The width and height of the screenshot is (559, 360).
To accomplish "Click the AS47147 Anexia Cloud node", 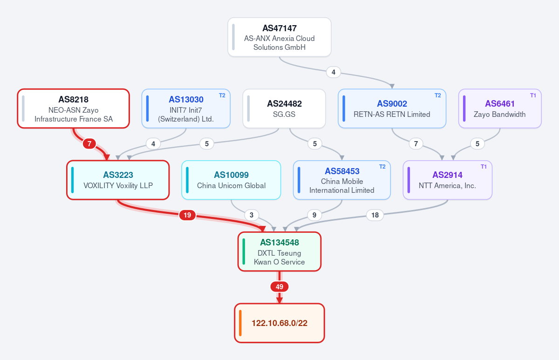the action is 279,37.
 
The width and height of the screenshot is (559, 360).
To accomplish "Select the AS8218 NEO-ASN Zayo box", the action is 74,109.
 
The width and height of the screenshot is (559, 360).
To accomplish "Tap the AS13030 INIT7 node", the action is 186,109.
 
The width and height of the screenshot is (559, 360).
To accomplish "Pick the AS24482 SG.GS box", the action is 284,109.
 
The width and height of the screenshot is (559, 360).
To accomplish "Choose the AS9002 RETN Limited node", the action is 392,109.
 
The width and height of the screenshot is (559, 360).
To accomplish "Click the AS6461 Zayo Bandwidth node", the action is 500,109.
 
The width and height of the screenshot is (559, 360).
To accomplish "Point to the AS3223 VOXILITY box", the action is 118,180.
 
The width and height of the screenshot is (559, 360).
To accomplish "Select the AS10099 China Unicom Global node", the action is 231,180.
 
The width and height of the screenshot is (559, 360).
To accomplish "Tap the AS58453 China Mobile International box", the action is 342,180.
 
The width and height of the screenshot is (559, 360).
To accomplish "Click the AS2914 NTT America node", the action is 448,180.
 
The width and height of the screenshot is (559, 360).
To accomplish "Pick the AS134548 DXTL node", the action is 279,251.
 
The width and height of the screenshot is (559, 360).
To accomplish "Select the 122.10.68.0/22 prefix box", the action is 279,323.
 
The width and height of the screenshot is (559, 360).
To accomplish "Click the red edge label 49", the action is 279,287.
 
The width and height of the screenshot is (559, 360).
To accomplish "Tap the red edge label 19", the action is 187,215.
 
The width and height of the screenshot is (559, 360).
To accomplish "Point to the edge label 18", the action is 375,215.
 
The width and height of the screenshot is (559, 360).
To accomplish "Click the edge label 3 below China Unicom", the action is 252,215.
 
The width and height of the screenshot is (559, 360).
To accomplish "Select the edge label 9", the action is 314,215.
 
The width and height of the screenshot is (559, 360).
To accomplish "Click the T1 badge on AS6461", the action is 533,95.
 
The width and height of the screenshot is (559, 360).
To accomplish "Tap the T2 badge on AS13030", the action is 222,95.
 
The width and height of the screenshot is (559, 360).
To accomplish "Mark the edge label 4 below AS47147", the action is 334,72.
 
